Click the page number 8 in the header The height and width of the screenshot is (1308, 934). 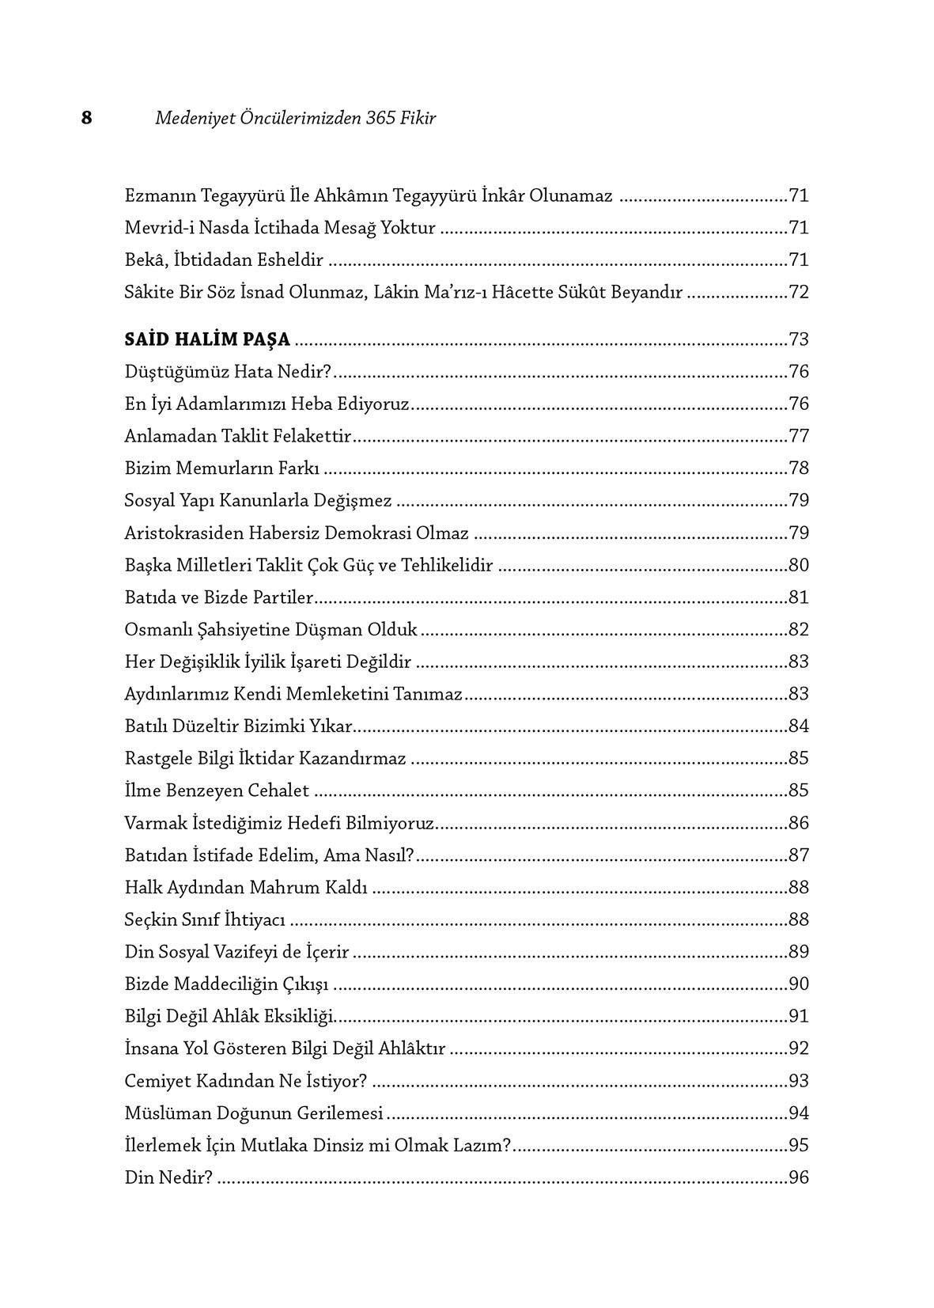pos(86,118)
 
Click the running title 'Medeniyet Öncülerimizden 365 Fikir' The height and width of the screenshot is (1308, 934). pos(295,118)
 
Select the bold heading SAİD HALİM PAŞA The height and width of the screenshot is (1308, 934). pos(207,340)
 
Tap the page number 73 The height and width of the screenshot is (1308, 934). pos(799,340)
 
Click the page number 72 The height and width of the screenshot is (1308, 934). pos(799,292)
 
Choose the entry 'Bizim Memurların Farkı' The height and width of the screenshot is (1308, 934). pos(221,468)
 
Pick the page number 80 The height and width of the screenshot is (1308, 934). pos(799,566)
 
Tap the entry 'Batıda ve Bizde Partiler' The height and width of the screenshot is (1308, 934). pos(219,597)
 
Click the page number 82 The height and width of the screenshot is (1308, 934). pos(799,630)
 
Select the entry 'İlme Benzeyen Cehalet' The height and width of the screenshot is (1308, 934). pos(217,791)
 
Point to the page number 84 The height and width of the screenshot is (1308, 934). pos(799,726)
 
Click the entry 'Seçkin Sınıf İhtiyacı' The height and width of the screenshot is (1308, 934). pos(205,920)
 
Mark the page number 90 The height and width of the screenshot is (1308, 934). pos(799,984)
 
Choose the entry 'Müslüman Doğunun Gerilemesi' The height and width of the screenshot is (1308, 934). pos(254,1113)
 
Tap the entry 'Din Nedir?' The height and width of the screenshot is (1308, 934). pos(168,1178)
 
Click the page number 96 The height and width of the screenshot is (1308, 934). pos(799,1178)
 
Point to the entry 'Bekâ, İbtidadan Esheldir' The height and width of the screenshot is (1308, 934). pos(224,260)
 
